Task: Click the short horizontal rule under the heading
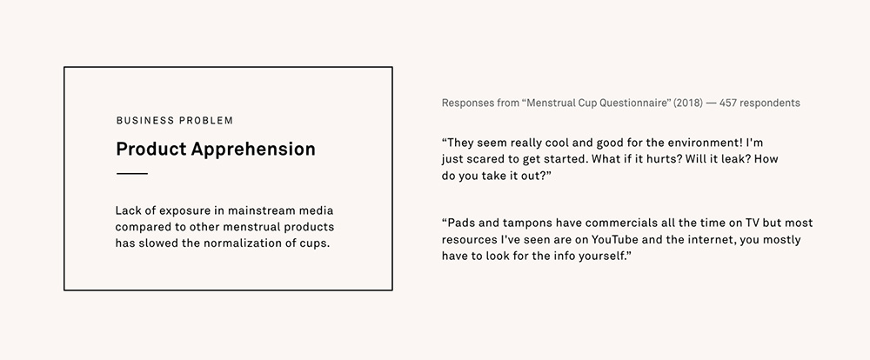131,174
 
